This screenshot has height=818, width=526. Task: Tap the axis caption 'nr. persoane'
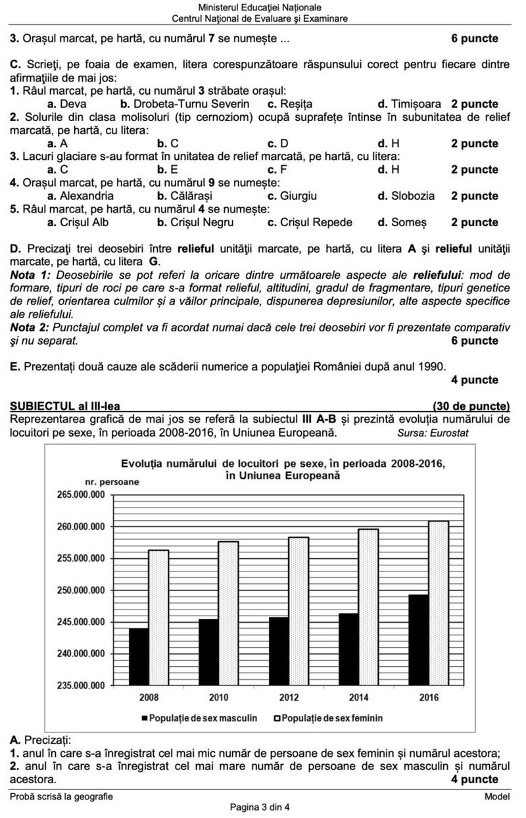click(x=112, y=482)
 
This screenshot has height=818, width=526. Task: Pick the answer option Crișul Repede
click(x=310, y=222)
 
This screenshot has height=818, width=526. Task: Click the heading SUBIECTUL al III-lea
click(x=66, y=406)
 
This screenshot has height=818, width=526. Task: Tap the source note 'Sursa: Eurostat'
click(x=433, y=433)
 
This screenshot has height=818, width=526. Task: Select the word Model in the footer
click(x=497, y=796)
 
